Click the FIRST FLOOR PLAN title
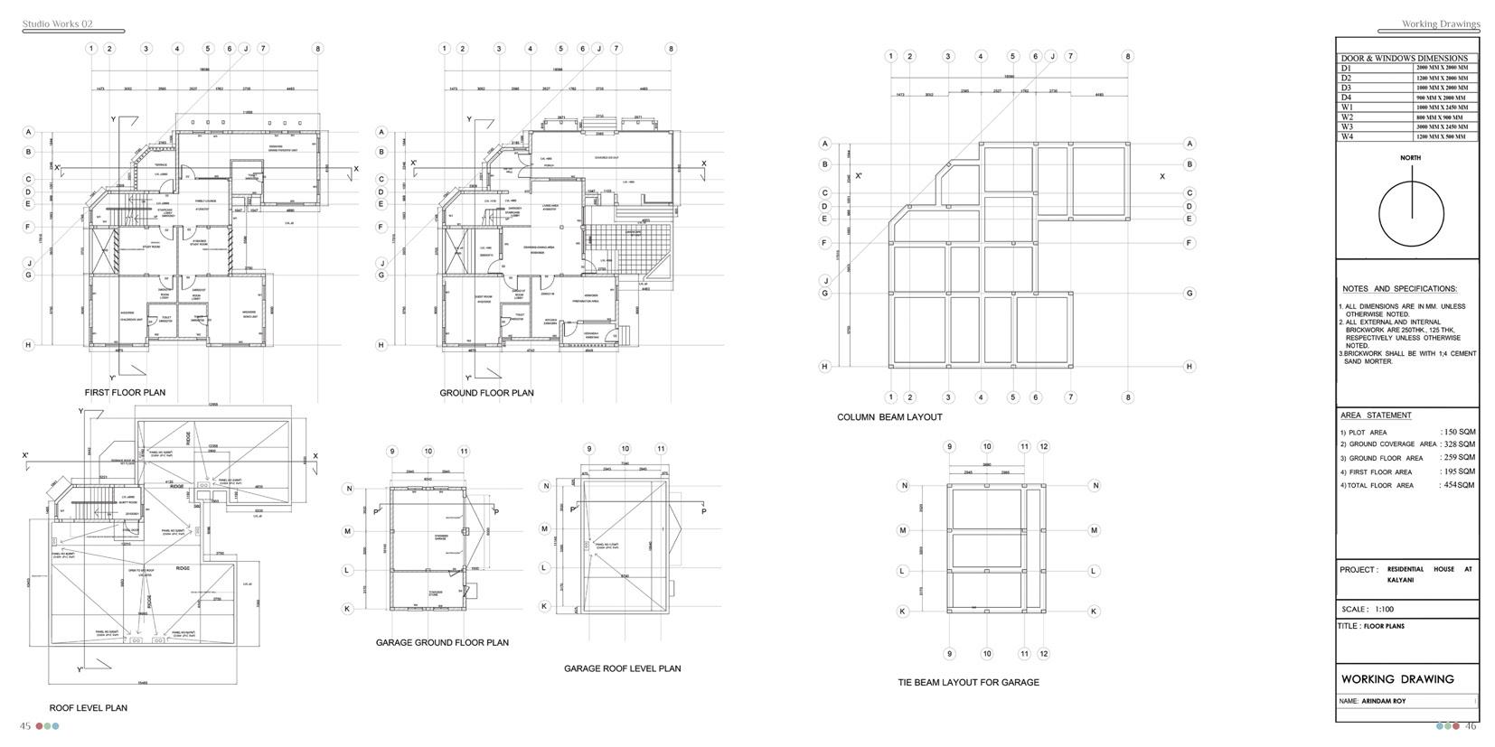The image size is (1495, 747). [x=125, y=393]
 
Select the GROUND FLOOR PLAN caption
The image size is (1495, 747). [x=486, y=393]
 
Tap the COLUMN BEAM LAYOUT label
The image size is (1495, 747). [x=889, y=417]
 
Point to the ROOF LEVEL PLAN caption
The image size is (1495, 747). [x=88, y=708]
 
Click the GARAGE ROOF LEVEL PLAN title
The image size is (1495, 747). [x=622, y=668]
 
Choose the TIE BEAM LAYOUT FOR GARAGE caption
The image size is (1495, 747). [x=968, y=683]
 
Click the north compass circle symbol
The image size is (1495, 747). [x=1412, y=213]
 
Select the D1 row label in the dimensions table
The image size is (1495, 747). [x=1346, y=68]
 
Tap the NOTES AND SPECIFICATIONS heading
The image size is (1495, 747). [x=1399, y=289]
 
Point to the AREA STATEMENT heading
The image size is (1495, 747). [x=1376, y=416]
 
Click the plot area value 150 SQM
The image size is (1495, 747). [x=1459, y=432]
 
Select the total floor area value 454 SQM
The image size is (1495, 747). [x=1459, y=485]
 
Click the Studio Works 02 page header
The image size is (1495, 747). [x=57, y=24]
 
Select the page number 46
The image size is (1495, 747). [x=1471, y=726]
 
